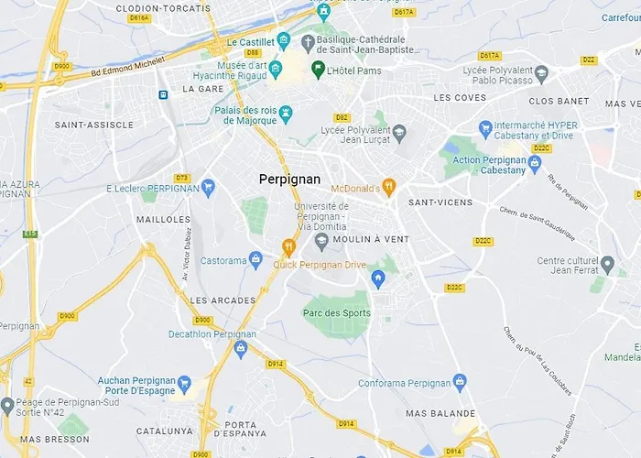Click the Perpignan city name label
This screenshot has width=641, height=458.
[289, 180]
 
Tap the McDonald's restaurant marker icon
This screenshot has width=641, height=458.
[388, 188]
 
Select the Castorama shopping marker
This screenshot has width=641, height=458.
[255, 260]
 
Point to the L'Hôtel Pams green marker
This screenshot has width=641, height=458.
[318, 70]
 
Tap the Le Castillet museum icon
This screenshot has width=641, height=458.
[283, 42]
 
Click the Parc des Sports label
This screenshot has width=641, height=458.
[337, 313]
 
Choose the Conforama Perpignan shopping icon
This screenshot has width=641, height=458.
[460, 383]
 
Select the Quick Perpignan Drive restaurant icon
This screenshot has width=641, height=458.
[288, 247]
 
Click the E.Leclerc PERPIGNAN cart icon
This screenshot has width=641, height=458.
[208, 188]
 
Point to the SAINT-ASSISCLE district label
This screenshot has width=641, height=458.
[94, 125]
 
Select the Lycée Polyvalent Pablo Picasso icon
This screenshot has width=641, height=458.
[541, 73]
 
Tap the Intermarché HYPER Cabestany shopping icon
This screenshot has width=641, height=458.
[485, 130]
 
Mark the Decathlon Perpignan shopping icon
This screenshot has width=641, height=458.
[241, 349]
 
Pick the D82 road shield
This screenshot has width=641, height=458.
[342, 117]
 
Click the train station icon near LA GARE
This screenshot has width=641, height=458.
[163, 94]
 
